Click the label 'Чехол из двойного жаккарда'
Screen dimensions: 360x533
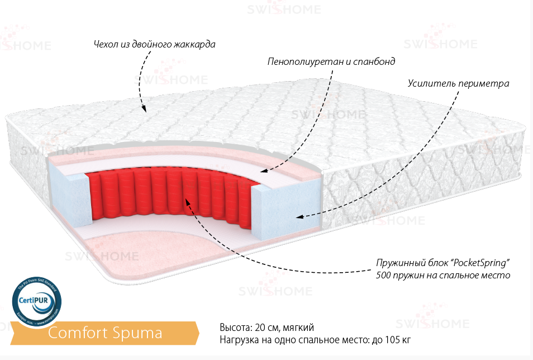click(155, 44)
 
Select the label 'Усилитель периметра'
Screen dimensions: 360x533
click(458, 83)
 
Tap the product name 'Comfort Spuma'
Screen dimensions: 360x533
click(104, 333)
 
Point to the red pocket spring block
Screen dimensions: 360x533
click(168, 193)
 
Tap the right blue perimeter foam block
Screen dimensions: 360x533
click(286, 207)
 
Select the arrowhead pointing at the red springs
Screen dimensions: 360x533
click(188, 200)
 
